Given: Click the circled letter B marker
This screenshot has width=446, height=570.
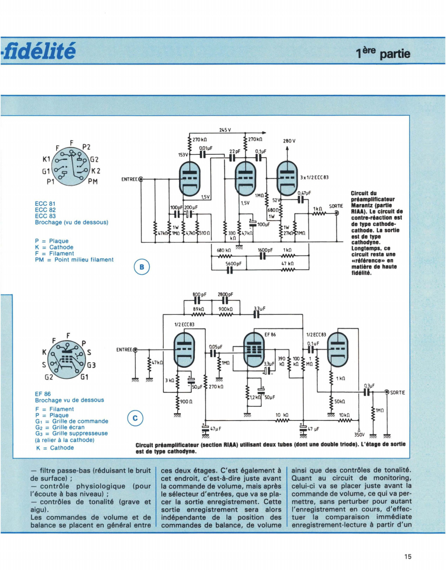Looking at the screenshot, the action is (142, 267).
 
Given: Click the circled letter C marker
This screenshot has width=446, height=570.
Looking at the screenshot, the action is (135, 418).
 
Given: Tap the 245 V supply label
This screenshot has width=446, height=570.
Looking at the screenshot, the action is (225, 130).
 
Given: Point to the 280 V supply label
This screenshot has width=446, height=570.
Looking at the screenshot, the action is (289, 141).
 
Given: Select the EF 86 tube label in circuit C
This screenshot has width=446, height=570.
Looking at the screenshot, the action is (270, 335).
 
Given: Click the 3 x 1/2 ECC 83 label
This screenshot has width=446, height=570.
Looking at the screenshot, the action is (314, 177).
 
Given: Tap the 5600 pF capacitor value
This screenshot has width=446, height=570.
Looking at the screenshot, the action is (234, 264).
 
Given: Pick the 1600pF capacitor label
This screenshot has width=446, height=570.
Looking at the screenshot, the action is (265, 250).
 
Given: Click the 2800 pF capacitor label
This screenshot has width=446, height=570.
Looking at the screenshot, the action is (225, 294).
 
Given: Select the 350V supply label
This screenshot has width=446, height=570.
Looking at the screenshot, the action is (360, 435).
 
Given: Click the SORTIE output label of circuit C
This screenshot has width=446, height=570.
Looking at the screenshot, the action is (397, 392).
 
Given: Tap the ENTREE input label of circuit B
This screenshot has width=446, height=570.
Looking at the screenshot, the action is (129, 179).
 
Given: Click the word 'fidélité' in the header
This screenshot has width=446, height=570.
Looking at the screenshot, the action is (39, 50).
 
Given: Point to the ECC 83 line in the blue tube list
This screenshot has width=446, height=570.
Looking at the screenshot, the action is (45, 216).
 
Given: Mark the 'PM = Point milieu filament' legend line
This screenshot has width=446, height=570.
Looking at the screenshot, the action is (74, 260).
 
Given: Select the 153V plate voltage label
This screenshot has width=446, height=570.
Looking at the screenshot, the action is (183, 155).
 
